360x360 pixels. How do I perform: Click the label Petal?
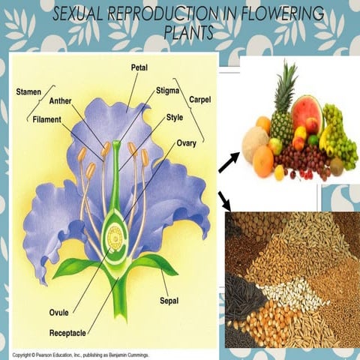[x=139, y=67]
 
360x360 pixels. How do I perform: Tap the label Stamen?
[x=28, y=91]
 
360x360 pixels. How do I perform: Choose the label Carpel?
[x=200, y=98]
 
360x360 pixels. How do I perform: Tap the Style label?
[x=174, y=118]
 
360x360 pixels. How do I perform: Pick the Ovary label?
[x=187, y=142]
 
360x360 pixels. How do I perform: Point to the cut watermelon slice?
[x=305, y=111]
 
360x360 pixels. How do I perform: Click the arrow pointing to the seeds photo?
[x=224, y=199]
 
